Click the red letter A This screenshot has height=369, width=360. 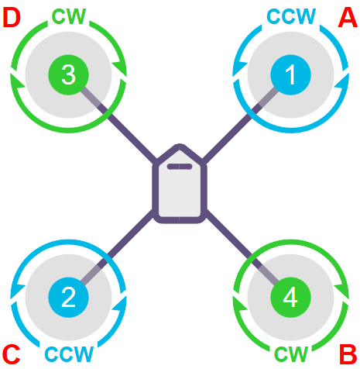pyautogui.click(x=348, y=17)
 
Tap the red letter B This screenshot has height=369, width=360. pyautogui.click(x=348, y=354)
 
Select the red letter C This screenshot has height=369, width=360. pyautogui.click(x=12, y=354)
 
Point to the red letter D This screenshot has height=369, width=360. pyautogui.click(x=12, y=17)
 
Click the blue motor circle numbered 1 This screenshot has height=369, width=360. pyautogui.click(x=290, y=75)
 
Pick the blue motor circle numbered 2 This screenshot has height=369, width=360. pyautogui.click(x=69, y=298)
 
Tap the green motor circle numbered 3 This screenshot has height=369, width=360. pyautogui.click(x=69, y=75)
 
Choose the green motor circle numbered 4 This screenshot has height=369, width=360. pyautogui.click(x=290, y=298)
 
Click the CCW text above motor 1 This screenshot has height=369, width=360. pyautogui.click(x=291, y=16)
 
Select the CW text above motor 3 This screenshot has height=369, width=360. pyautogui.click(x=69, y=16)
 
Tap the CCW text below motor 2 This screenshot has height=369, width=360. pyautogui.click(x=69, y=353)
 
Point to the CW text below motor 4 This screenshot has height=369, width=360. pyautogui.click(x=291, y=353)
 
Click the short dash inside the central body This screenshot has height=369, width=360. pyautogui.click(x=180, y=167)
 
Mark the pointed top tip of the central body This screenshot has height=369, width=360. pyautogui.click(x=180, y=145)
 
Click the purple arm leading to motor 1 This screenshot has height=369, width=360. pyautogui.click(x=240, y=126)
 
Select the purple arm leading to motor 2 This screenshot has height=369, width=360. pyautogui.click(x=118, y=247)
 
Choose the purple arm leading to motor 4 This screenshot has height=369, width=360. pyautogui.click(x=242, y=247)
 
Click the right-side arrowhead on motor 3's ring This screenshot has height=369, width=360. pyautogui.click(x=119, y=68)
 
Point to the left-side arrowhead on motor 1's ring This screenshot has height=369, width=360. pyautogui.click(x=240, y=68)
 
